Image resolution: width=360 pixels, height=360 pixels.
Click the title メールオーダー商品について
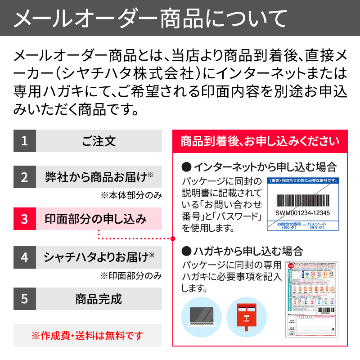click(150, 18)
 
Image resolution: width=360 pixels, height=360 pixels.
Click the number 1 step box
click(24, 141)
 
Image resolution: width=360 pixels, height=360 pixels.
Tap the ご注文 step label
click(99, 141)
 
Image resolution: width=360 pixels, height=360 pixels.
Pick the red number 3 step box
click(24, 219)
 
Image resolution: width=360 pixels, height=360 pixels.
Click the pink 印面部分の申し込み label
click(99, 219)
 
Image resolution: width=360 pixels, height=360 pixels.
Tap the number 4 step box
click(24, 257)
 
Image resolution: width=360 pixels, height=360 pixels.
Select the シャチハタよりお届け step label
click(99, 257)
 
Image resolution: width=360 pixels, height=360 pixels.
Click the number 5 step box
click(24, 299)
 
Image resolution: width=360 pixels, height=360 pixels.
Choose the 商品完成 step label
click(99, 299)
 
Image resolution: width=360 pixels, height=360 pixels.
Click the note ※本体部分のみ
click(130, 195)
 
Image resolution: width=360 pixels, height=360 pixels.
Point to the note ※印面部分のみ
click(130, 275)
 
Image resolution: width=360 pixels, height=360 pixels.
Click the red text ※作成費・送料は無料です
click(88, 335)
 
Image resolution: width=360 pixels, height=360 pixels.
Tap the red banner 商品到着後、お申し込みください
click(260, 141)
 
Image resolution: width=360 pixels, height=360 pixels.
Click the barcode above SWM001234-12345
click(302, 200)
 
